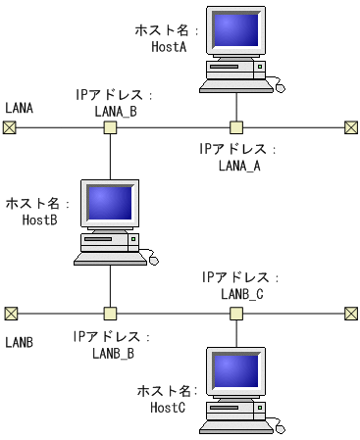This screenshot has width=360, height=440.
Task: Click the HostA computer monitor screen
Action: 236,32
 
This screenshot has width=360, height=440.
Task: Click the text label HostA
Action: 169,46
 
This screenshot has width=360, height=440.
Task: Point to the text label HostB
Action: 40,220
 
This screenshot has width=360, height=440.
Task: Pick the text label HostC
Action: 168,407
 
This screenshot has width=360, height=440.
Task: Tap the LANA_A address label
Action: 236,165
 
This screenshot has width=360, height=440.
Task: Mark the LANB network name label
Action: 20,342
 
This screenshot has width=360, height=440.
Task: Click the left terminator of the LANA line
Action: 10,127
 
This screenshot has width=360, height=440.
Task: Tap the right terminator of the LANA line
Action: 350,127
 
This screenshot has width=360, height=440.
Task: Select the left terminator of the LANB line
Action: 10,314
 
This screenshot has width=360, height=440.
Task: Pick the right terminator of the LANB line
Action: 350,314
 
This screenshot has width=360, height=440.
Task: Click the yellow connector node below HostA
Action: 236,127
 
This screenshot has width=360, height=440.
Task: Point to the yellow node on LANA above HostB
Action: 111,127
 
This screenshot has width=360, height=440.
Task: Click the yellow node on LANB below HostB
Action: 111,314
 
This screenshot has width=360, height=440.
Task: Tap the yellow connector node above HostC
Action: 236,314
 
